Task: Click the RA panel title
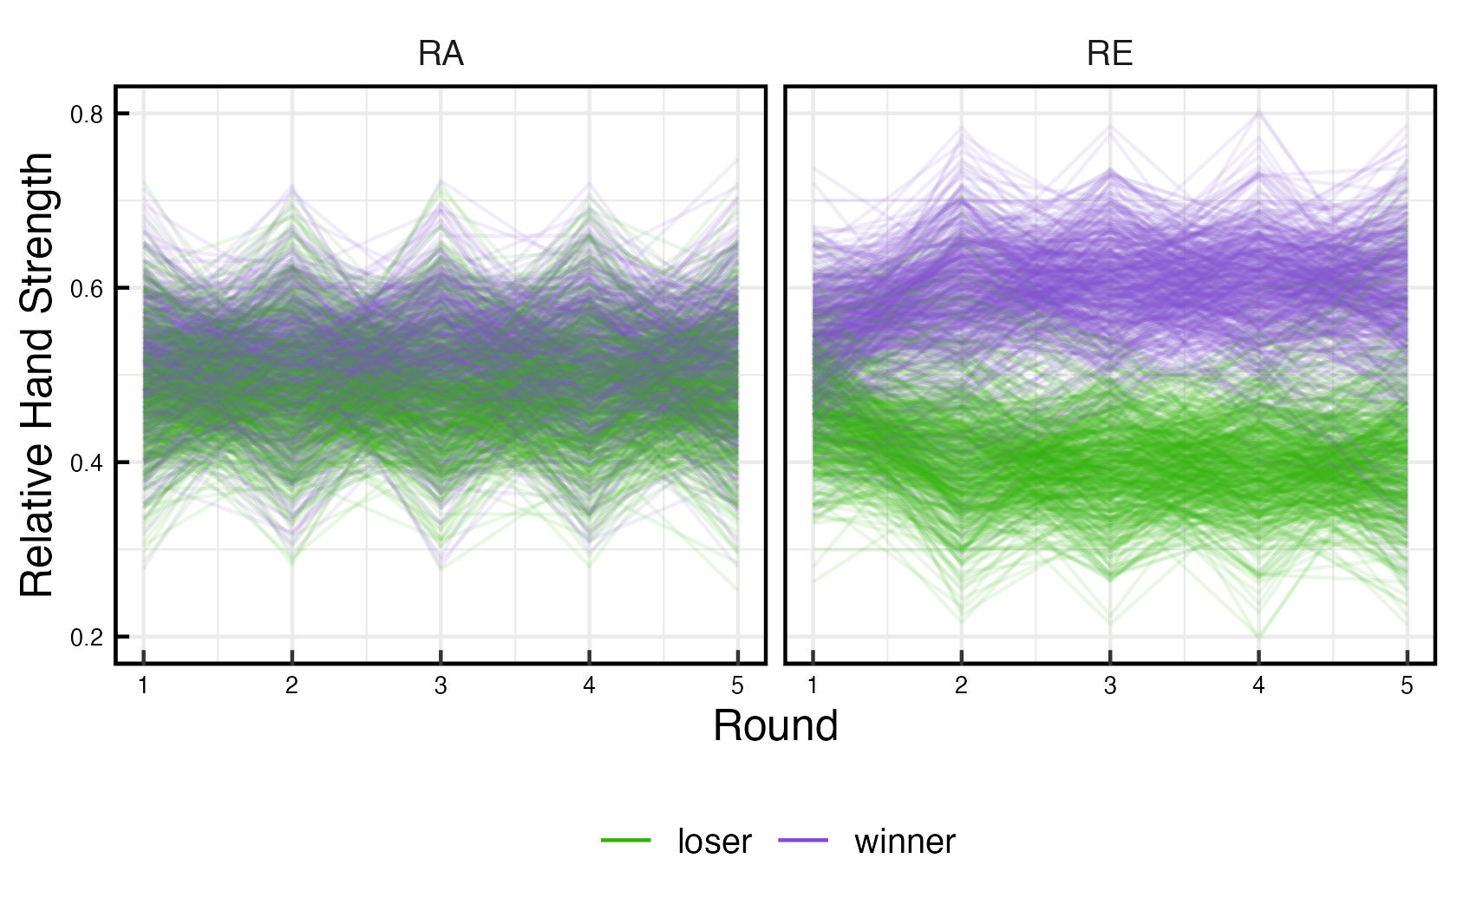[441, 54]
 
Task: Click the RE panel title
[1109, 54]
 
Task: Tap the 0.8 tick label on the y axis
[87, 114]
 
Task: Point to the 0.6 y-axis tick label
[87, 288]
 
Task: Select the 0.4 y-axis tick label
[87, 462]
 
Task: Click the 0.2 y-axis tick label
[87, 637]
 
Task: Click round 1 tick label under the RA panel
[143, 686]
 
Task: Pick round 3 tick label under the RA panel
[441, 686]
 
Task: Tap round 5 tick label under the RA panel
[737, 686]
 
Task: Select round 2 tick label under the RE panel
[961, 686]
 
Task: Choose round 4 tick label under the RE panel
[1258, 686]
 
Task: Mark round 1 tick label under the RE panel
[813, 686]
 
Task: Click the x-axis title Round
[775, 725]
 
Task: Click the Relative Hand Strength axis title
[38, 375]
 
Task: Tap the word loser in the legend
[714, 842]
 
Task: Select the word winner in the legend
[905, 842]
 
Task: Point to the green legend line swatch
[625, 840]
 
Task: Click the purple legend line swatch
[803, 840]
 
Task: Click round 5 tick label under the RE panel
[1407, 686]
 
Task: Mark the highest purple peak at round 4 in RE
[1258, 112]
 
